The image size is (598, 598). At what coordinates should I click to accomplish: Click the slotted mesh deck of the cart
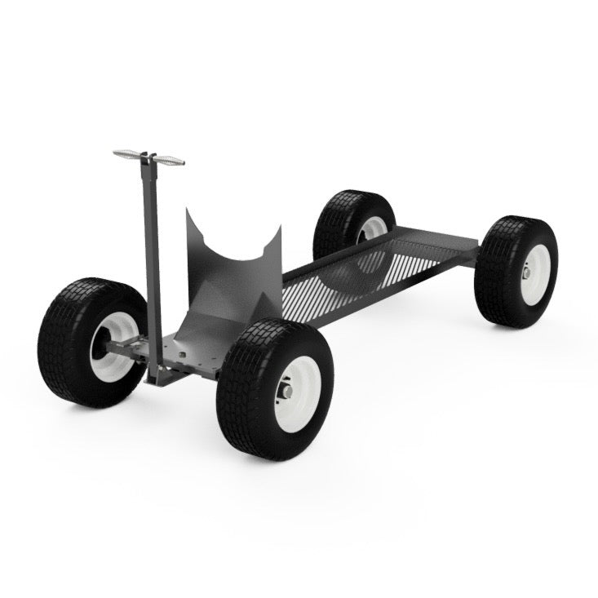click(343, 281)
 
